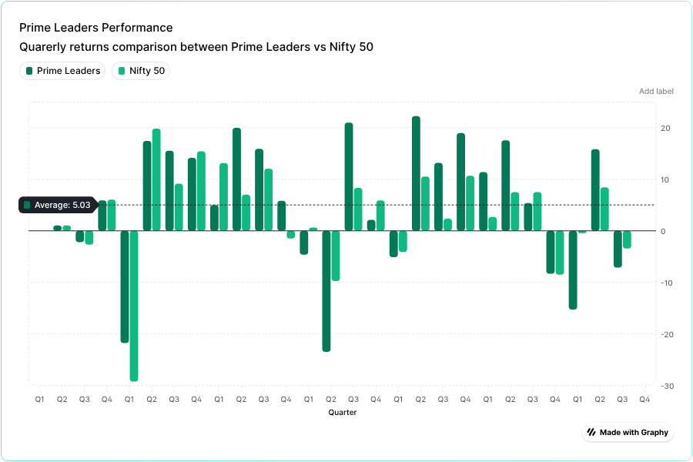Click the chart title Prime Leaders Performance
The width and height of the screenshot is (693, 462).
[96, 28]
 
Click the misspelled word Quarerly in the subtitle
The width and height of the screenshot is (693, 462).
[44, 48]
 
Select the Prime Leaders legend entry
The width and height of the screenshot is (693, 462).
[62, 71]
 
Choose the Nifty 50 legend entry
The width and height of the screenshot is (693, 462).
[141, 71]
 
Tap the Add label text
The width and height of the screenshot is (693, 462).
[656, 92]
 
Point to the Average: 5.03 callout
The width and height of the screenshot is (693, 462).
[57, 205]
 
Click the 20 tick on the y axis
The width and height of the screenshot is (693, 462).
[665, 129]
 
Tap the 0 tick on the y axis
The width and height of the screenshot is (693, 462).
[662, 231]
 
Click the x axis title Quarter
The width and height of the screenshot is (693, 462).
[342, 413]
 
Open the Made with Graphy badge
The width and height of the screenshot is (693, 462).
[628, 432]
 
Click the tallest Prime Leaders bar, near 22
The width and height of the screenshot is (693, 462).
[416, 173]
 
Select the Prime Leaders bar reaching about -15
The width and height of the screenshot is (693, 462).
[573, 269]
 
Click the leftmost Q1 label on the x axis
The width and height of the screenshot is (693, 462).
[39, 400]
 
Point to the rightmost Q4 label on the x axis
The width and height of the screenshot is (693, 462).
[644, 400]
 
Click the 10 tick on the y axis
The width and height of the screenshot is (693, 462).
[665, 180]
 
